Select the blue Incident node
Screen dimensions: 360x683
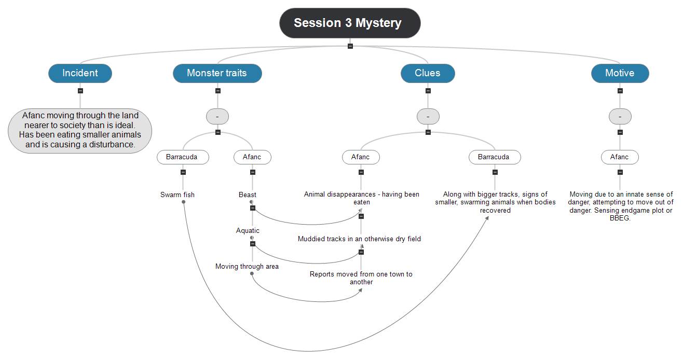[80, 73]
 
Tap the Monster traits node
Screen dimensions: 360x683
[217, 73]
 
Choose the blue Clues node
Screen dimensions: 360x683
[428, 73]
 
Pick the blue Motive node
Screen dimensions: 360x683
[620, 73]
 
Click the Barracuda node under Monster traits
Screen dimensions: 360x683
[183, 157]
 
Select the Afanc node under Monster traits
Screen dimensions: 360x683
[252, 157]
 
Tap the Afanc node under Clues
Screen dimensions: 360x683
[361, 157]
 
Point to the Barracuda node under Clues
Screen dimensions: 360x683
[494, 157]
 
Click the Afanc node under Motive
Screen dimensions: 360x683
[620, 157]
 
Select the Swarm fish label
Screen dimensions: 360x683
[177, 195]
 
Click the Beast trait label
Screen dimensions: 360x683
[248, 195]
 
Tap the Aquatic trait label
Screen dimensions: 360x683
[248, 230]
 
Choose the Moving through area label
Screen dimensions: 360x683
[247, 266]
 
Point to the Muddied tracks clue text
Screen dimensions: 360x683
[359, 239]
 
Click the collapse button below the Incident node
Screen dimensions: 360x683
[80, 91]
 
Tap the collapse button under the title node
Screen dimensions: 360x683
[350, 46]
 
